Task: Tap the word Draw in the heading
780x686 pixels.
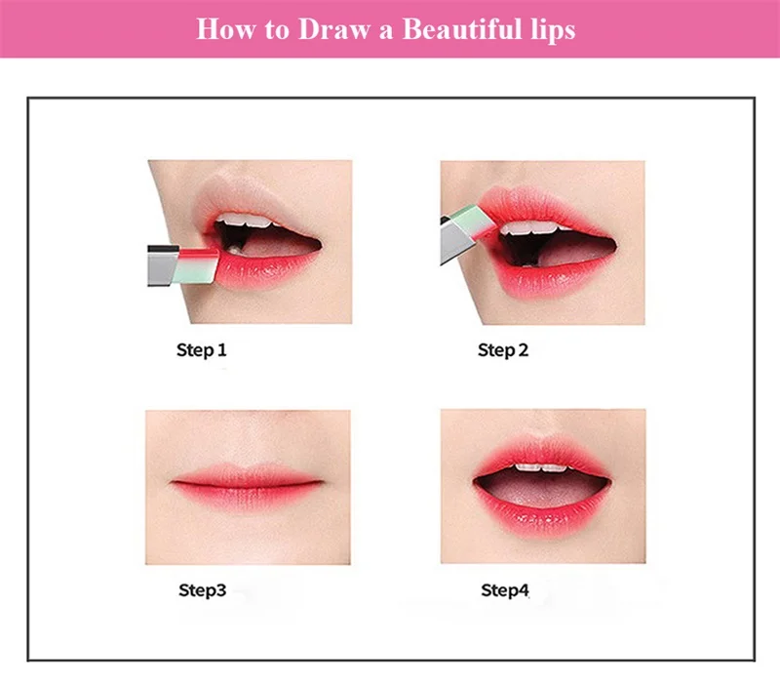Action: (x=333, y=29)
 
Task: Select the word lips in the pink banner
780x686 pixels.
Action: (x=553, y=30)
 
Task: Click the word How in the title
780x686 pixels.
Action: (x=226, y=29)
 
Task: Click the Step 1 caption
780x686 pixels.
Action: (x=202, y=350)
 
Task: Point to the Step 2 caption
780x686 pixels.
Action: (x=503, y=350)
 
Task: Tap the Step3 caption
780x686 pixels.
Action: (x=203, y=590)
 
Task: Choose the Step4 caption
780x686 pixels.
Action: (x=504, y=590)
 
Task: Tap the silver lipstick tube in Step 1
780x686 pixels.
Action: (x=163, y=265)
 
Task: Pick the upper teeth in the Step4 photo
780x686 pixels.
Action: (x=542, y=468)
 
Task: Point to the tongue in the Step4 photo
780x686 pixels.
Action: (x=541, y=494)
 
